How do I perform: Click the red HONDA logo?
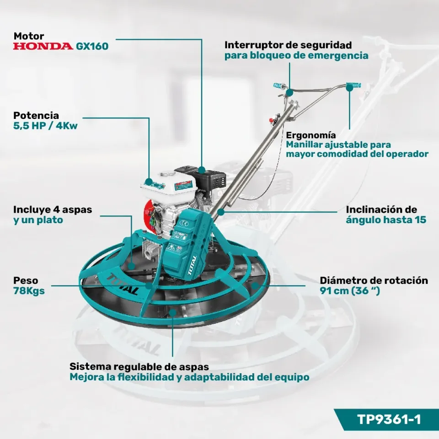click(x=43, y=46)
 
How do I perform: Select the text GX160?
click(x=92, y=46)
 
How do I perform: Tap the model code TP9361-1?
click(x=389, y=419)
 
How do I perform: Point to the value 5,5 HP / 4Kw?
click(x=45, y=126)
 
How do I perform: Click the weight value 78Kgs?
click(x=29, y=291)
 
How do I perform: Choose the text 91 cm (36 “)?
click(x=350, y=291)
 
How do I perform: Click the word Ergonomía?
click(x=311, y=135)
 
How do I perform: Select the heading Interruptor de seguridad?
click(x=288, y=45)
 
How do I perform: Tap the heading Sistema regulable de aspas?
click(x=139, y=366)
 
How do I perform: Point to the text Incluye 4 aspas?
click(x=53, y=209)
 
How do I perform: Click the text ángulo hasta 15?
click(x=386, y=220)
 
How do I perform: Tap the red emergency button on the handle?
click(x=271, y=120)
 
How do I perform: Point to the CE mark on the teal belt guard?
click(x=184, y=223)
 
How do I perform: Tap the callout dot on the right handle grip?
click(x=349, y=88)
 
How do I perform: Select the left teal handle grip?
click(x=279, y=85)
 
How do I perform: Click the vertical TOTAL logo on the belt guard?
click(x=193, y=265)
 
